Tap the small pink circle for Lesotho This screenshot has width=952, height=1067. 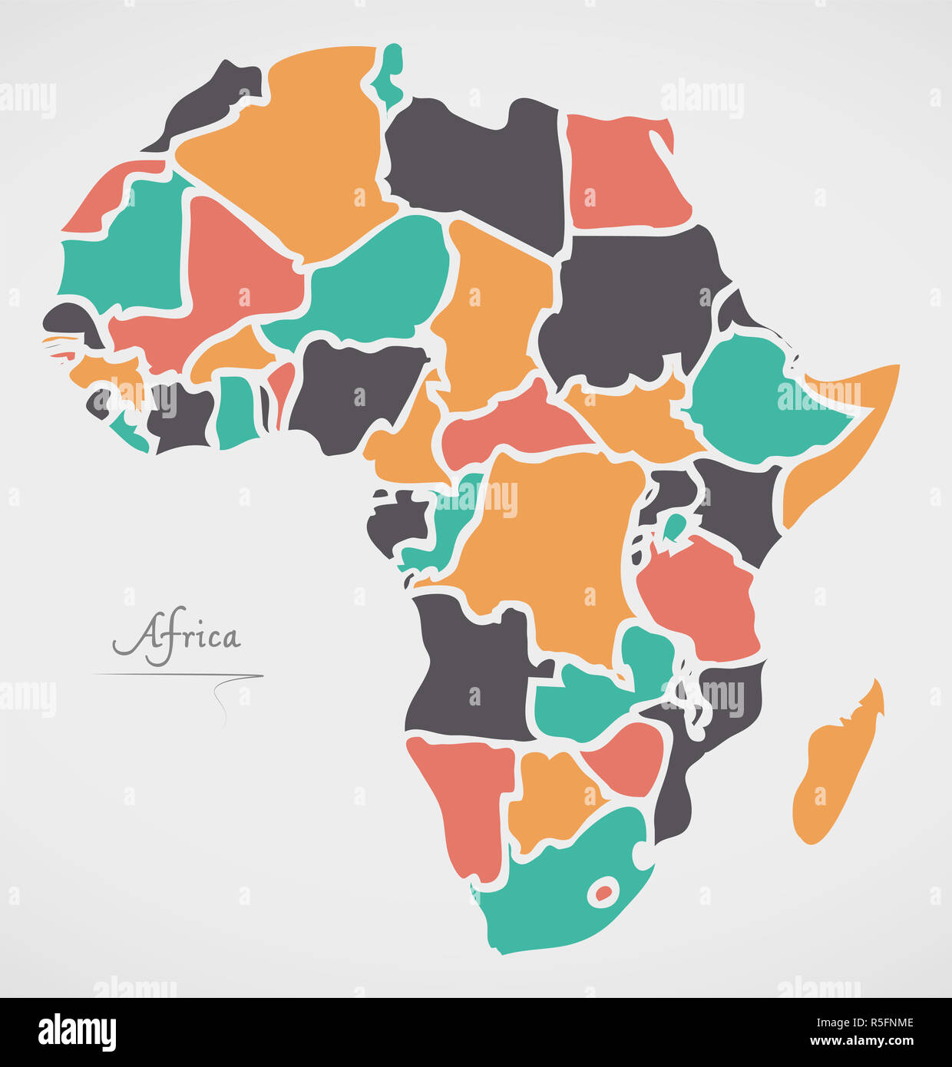point(604,892)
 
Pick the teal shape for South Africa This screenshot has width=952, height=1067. point(553,898)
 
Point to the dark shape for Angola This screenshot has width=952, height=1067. point(468,668)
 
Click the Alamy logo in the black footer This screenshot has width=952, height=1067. point(77,1032)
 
